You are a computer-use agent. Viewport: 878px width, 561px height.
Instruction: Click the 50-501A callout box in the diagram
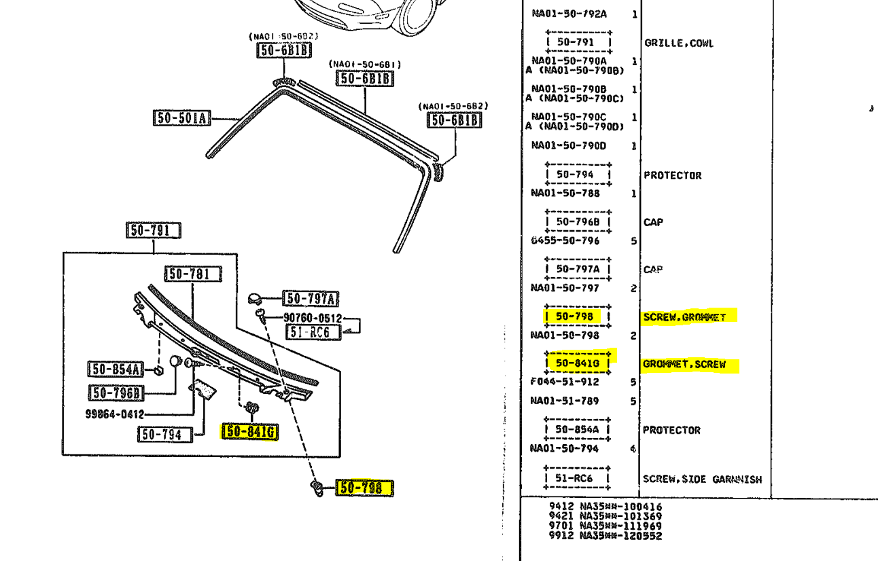tap(181, 118)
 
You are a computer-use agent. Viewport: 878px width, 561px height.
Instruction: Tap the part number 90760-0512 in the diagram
tap(313, 318)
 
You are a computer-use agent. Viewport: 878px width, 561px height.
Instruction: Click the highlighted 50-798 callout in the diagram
tap(365, 487)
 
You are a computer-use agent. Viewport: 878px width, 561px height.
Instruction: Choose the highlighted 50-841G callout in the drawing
tap(250, 431)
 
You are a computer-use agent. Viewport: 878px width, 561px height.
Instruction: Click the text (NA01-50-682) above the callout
tap(453, 106)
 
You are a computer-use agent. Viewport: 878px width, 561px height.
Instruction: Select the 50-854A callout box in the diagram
tap(115, 369)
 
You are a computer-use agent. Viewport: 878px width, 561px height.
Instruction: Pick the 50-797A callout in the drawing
tap(312, 298)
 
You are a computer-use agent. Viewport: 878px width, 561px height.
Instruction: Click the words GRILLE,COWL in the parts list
tap(679, 43)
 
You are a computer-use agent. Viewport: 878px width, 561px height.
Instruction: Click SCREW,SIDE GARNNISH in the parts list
tap(702, 479)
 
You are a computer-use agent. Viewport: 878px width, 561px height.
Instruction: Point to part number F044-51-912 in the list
tap(565, 382)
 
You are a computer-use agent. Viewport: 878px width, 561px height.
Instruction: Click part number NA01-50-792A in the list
tap(569, 14)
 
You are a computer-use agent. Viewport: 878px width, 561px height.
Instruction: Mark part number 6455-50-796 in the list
tap(565, 240)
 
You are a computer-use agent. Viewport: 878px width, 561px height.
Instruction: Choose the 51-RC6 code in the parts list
tap(574, 478)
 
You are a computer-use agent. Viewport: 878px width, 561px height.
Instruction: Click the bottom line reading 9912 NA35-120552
tap(605, 535)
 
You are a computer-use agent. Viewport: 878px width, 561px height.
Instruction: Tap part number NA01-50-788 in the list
tap(565, 193)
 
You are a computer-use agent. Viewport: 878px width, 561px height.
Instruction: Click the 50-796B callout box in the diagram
tap(118, 393)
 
